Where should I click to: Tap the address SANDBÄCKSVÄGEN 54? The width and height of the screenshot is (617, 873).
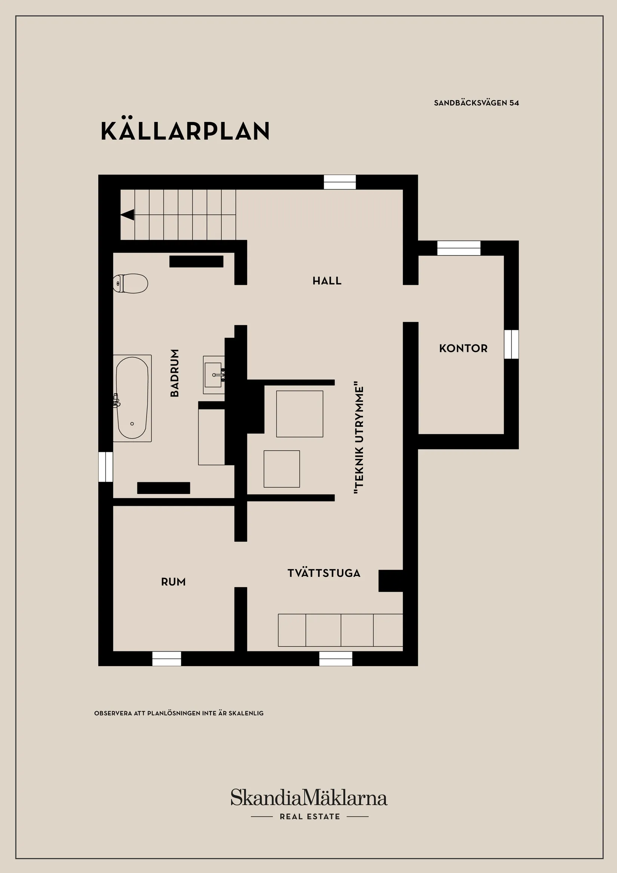(x=476, y=102)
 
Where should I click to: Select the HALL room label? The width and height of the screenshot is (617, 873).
(x=327, y=281)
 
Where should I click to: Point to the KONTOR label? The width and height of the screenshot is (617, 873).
(x=463, y=348)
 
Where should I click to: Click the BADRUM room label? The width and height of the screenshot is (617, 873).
(x=175, y=373)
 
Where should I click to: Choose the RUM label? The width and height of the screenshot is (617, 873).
(x=174, y=582)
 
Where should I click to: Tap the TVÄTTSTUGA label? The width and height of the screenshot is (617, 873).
(x=324, y=573)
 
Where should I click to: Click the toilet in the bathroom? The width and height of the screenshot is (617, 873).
(x=131, y=283)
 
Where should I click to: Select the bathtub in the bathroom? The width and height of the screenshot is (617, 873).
(x=132, y=398)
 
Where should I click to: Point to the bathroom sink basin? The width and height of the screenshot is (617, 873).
(x=213, y=375)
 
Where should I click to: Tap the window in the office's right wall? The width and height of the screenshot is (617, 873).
(x=511, y=344)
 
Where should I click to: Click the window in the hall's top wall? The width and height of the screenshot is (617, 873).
(x=340, y=182)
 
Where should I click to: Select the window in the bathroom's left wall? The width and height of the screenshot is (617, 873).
(x=106, y=466)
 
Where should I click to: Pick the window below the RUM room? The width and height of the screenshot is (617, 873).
(x=166, y=659)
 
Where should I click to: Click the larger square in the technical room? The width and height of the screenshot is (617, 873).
(x=300, y=414)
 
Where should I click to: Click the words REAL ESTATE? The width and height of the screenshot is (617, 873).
(x=310, y=817)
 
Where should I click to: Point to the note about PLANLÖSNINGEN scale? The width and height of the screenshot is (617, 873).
(x=179, y=713)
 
